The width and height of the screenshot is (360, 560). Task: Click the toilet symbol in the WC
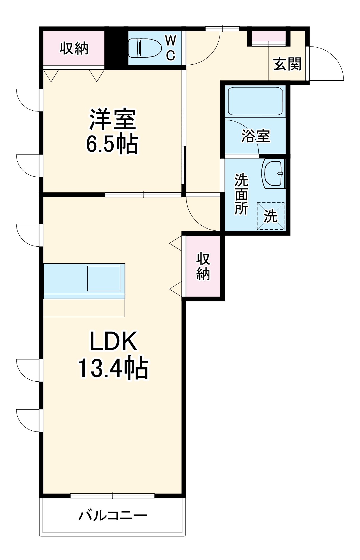[145, 48]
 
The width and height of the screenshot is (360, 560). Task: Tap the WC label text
[170, 48]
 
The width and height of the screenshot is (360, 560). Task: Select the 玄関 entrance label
[287, 64]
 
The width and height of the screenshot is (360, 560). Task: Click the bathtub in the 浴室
[255, 101]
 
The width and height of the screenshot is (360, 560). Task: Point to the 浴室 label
[256, 136]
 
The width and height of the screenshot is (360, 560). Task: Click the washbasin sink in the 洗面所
[273, 173]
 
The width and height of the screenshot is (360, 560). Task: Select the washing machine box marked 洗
[271, 216]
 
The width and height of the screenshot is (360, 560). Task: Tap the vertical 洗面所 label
[241, 194]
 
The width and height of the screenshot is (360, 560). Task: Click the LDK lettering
[113, 341]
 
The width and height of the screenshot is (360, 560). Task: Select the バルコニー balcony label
[113, 515]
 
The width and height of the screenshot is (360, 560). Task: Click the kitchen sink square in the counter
[104, 278]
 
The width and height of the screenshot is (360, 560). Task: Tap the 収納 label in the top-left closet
[74, 48]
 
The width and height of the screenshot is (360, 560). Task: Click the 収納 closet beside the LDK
[203, 266]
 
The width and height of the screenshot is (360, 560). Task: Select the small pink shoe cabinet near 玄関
[268, 36]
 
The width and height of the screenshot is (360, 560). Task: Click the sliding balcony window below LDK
[112, 496]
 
